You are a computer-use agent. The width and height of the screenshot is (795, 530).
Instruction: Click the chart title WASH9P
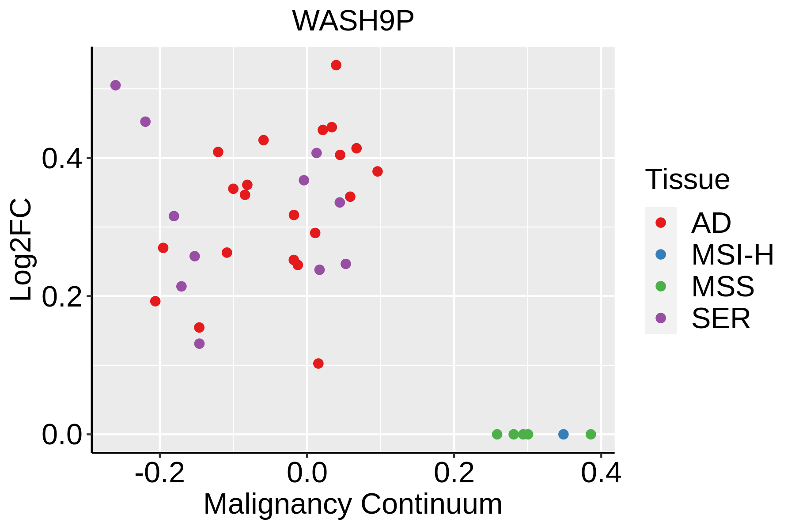point(353,21)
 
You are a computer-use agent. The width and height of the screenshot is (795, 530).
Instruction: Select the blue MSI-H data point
point(563,434)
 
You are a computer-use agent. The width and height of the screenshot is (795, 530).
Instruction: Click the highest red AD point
point(336,65)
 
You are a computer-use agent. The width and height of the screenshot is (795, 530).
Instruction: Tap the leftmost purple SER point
point(116,85)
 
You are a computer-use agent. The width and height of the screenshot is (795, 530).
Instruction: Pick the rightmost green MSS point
point(591,434)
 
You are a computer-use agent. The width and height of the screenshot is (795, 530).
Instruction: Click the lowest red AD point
point(318,363)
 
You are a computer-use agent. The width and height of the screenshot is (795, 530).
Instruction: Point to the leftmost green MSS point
point(497,434)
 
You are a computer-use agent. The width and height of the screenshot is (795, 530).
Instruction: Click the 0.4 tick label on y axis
point(62,159)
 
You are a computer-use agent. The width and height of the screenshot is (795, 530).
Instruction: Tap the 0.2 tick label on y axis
point(62,297)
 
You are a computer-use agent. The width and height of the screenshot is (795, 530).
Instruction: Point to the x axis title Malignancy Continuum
point(353,504)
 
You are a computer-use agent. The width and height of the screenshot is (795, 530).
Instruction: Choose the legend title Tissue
point(687,180)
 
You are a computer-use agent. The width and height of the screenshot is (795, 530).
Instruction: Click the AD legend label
point(711,223)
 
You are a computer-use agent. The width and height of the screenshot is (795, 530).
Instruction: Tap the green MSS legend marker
point(661,286)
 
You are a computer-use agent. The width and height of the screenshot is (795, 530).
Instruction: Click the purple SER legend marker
point(661,318)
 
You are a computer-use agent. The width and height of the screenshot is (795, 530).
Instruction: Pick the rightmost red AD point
point(378,171)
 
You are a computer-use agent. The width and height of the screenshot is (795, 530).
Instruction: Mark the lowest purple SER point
point(200,344)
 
